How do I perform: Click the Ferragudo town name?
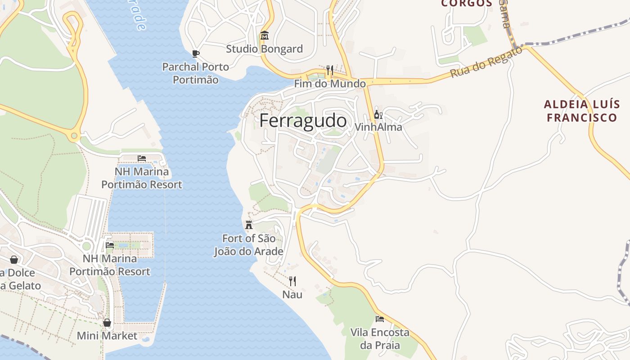[303, 121]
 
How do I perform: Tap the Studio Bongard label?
[264, 49]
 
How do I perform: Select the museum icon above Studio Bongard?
[264, 36]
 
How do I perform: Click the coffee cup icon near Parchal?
[195, 54]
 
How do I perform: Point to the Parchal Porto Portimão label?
[195, 73]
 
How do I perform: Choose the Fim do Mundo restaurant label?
[330, 84]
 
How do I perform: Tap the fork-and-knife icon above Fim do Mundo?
[330, 70]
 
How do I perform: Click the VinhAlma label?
[378, 127]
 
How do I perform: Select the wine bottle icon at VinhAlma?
[378, 114]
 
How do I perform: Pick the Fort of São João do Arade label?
[248, 245]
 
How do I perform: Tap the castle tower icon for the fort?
[248, 225]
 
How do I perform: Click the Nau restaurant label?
[292, 295]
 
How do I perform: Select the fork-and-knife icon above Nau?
[292, 281]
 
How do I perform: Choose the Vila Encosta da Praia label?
[380, 339]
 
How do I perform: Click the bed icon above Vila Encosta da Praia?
[380, 319]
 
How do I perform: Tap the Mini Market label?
[107, 336]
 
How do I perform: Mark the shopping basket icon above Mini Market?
[107, 323]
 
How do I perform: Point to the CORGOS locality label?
[467, 3]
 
